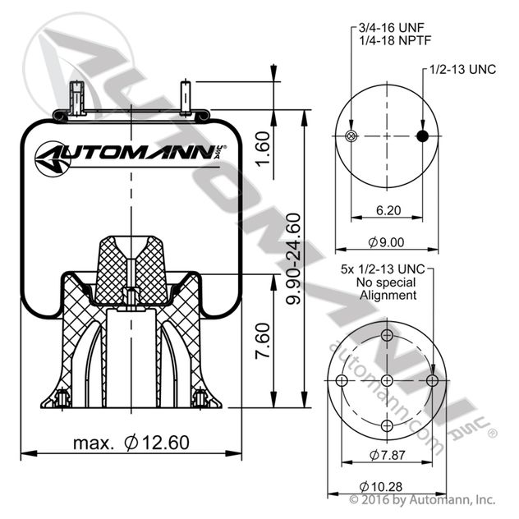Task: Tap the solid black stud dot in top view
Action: pos(422,136)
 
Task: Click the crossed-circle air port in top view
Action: pos(351,136)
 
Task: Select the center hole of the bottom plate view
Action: pos(386,379)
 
